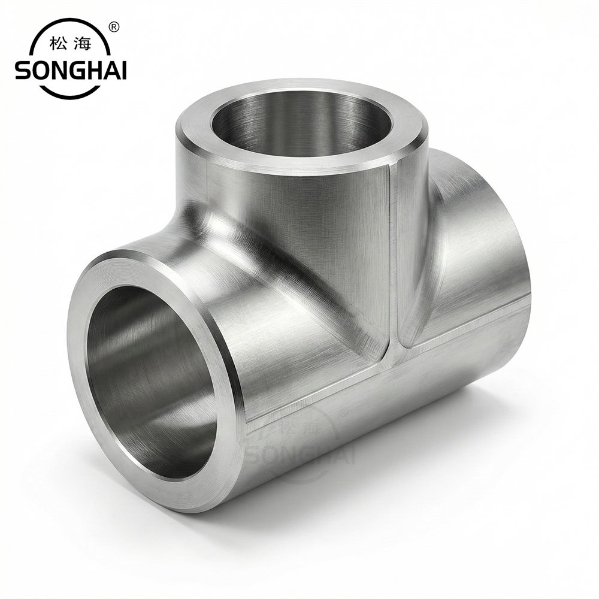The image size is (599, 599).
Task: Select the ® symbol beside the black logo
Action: (x=114, y=27)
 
